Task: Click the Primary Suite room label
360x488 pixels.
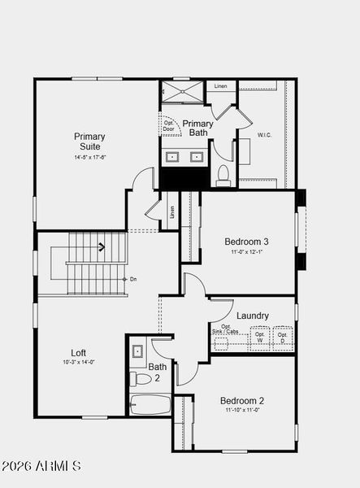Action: pyautogui.click(x=89, y=142)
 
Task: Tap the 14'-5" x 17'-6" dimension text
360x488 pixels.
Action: pyautogui.click(x=89, y=157)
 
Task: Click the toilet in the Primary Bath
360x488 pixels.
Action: pyautogui.click(x=223, y=174)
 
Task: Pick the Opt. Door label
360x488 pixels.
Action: pyautogui.click(x=168, y=125)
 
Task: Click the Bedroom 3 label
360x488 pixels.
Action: pyautogui.click(x=246, y=242)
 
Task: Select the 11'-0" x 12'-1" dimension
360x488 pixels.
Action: pyautogui.click(x=246, y=252)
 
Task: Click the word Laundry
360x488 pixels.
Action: pyautogui.click(x=253, y=316)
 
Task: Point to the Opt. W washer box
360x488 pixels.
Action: pyautogui.click(x=259, y=338)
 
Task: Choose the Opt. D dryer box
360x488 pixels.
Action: pyautogui.click(x=283, y=338)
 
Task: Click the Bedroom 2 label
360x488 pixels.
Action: pyautogui.click(x=241, y=401)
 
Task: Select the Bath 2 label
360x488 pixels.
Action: pyautogui.click(x=158, y=372)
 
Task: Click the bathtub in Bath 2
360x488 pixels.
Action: pyautogui.click(x=150, y=404)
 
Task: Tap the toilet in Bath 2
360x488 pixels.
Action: pyautogui.click(x=140, y=378)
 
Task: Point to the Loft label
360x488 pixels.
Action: pyautogui.click(x=79, y=353)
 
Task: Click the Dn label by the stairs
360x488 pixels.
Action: pyautogui.click(x=133, y=279)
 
